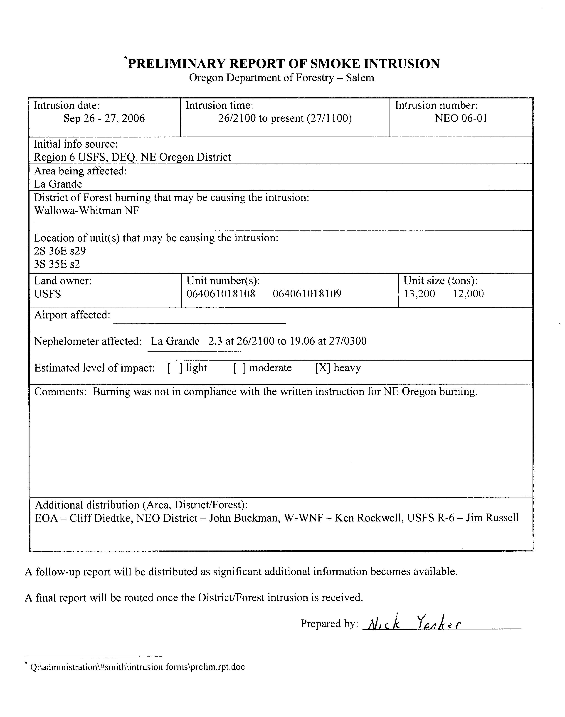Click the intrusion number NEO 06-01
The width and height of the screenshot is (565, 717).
tap(461, 118)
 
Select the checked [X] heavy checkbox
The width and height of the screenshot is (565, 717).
tap(323, 368)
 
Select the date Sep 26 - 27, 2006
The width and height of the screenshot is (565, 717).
tap(104, 118)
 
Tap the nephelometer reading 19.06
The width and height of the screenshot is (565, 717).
tap(302, 341)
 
